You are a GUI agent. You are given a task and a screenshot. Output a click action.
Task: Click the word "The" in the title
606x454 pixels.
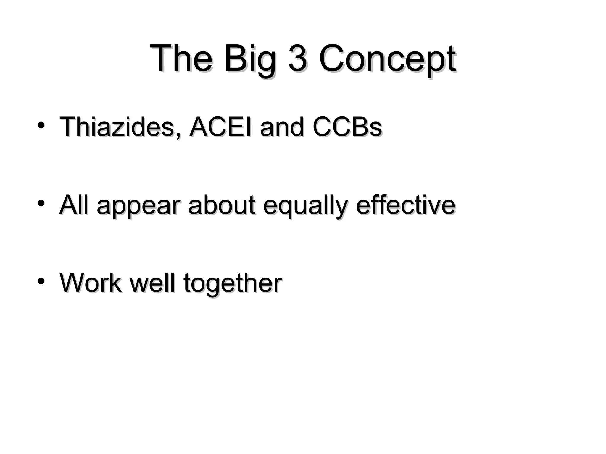click(x=181, y=58)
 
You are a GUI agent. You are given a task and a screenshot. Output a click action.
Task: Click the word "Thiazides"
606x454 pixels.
click(x=117, y=127)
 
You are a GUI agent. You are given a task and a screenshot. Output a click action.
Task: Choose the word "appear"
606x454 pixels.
click(x=138, y=207)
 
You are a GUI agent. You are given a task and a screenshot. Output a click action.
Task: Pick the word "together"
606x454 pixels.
click(x=233, y=284)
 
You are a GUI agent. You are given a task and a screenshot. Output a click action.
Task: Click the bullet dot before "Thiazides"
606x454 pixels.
click(x=41, y=125)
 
